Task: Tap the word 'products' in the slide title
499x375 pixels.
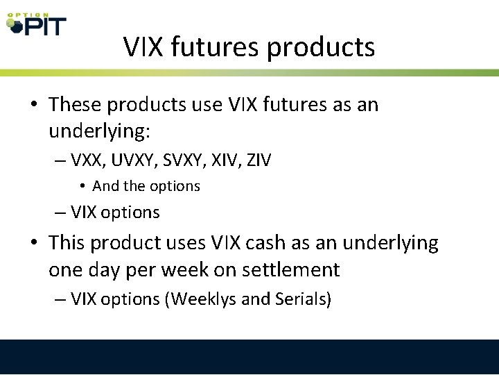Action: pyautogui.click(x=321, y=47)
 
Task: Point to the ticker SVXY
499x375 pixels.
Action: pyautogui.click(x=178, y=160)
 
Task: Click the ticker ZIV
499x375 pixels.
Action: pyautogui.click(x=256, y=160)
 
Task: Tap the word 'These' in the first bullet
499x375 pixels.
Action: pyautogui.click(x=75, y=105)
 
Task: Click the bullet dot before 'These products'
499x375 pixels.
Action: pyautogui.click(x=34, y=106)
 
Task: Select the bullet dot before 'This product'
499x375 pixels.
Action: pyautogui.click(x=34, y=244)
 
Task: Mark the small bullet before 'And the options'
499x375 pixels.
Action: pyautogui.click(x=82, y=186)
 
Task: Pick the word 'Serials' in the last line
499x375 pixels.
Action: pyautogui.click(x=302, y=299)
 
